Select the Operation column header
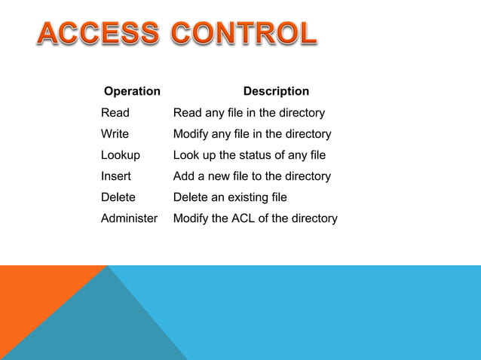132,91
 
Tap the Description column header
276,91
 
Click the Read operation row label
115,113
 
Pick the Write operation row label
115,134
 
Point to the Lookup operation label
121,155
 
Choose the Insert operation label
116,176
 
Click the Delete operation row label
118,197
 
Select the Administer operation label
130,218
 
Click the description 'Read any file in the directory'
249,113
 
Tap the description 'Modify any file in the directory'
252,134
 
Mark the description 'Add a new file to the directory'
252,176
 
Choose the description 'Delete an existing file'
230,197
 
